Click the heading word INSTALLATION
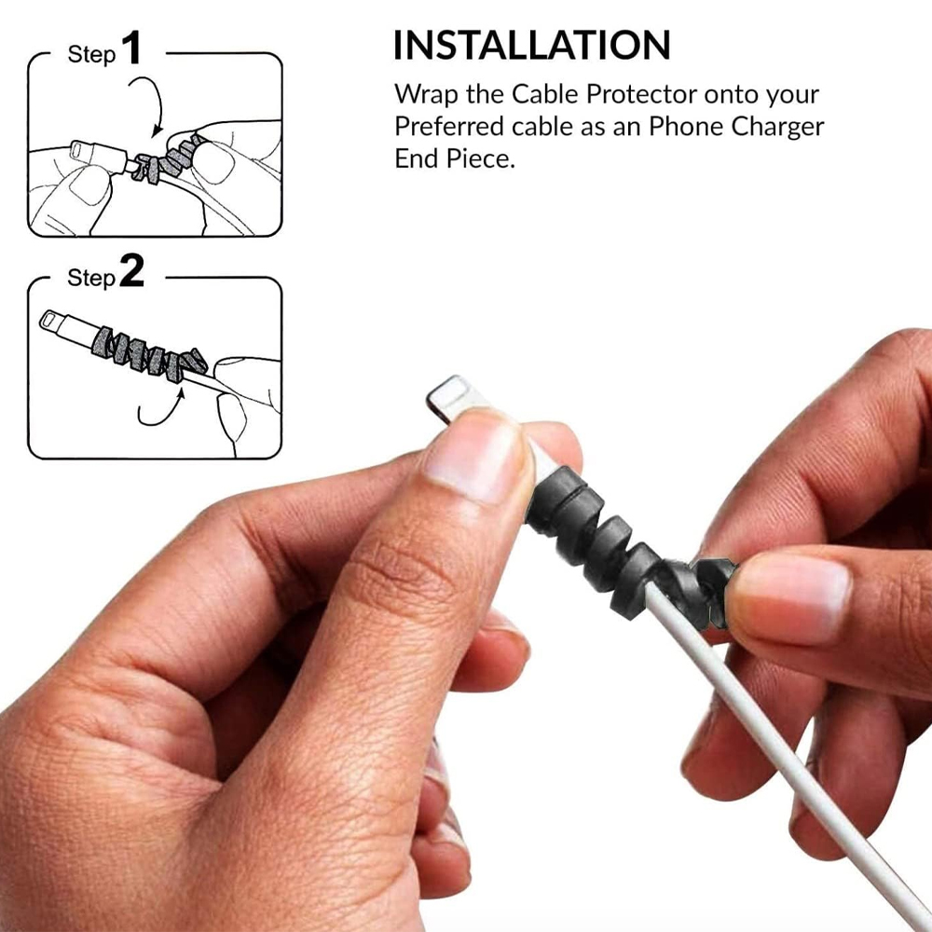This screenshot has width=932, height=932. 532,45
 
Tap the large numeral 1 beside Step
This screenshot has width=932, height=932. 131,48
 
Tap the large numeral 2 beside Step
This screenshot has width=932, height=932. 132,271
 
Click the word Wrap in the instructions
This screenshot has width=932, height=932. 426,95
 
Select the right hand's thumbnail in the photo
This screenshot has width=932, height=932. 791,601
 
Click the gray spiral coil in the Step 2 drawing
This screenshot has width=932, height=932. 146,353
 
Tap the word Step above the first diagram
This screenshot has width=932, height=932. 91,55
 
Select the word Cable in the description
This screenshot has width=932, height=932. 544,94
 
